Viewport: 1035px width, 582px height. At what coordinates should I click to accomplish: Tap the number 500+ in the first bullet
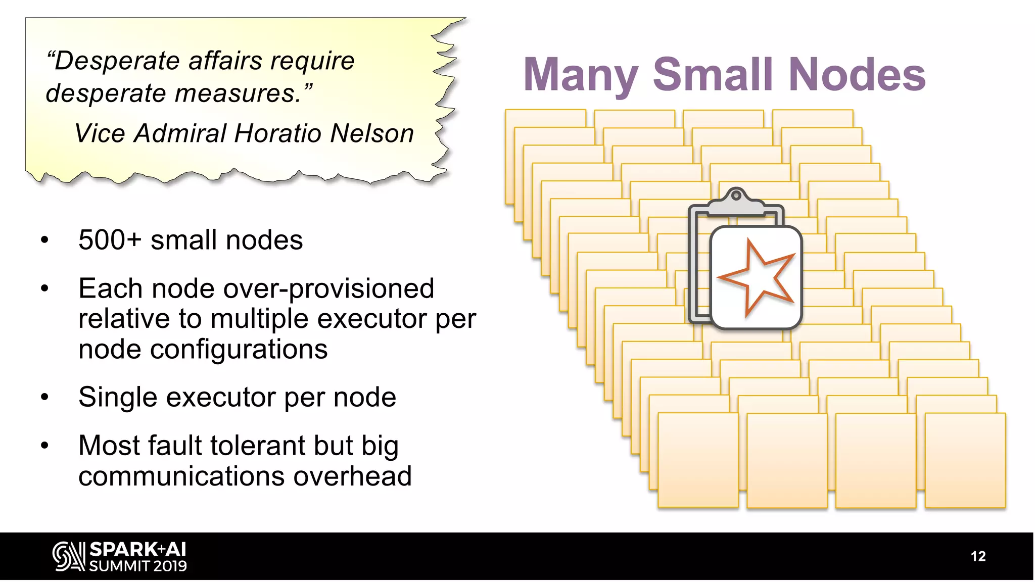point(110,240)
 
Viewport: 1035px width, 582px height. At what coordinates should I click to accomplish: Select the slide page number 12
point(978,556)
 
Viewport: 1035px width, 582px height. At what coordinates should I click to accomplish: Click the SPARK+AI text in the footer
point(137,550)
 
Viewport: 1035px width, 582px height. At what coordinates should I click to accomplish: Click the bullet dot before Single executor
point(45,398)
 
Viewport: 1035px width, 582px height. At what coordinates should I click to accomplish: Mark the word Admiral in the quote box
point(179,134)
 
